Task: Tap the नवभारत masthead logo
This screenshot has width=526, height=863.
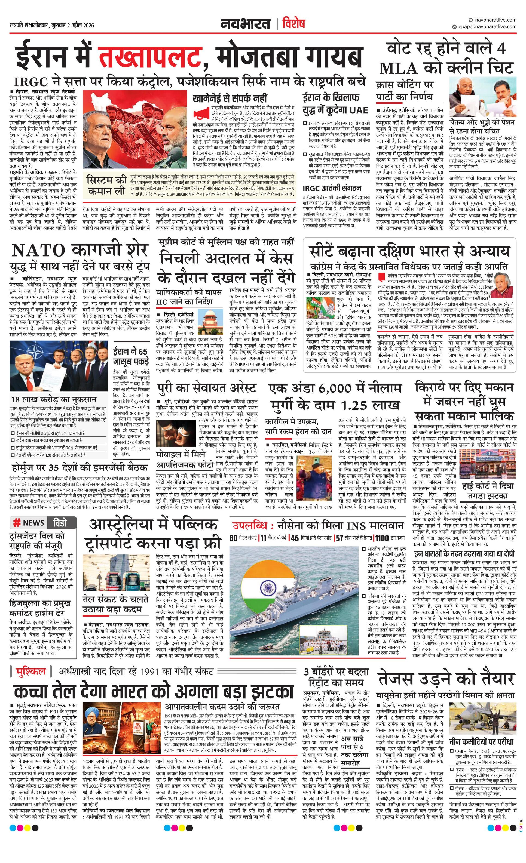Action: click(245, 24)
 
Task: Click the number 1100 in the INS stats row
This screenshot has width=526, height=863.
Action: click(382, 538)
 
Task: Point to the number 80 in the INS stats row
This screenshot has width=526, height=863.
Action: click(233, 538)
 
